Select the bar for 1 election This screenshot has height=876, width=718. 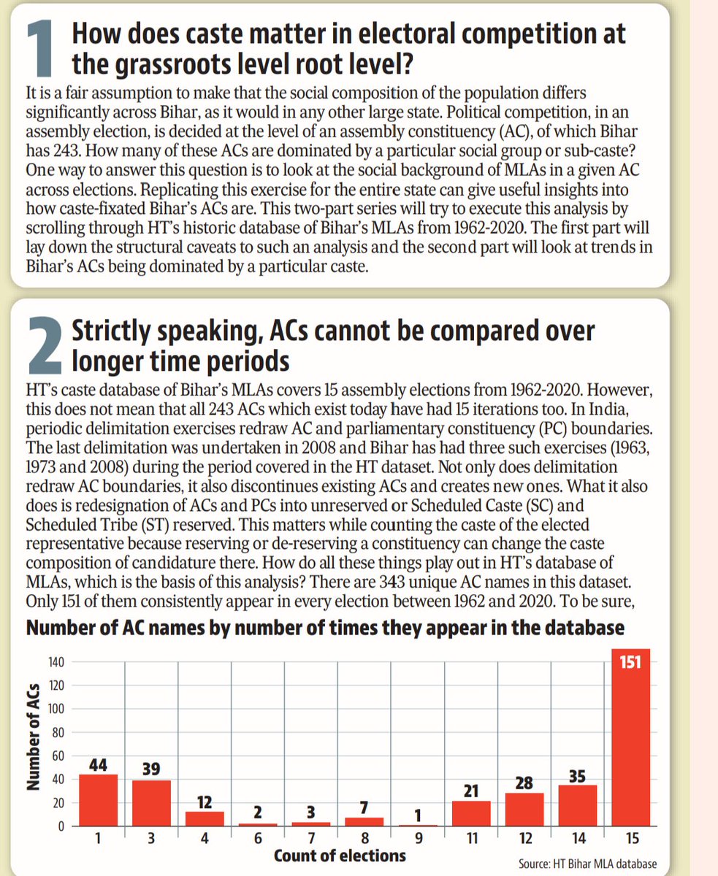(98, 800)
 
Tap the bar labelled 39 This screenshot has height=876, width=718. (150, 803)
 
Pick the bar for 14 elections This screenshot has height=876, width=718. (576, 805)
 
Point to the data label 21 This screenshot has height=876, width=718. (470, 789)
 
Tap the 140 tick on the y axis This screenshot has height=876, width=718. (57, 663)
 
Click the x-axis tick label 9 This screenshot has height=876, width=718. (416, 838)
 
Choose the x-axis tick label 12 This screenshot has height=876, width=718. (523, 838)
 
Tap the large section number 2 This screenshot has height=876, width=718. (43, 345)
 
